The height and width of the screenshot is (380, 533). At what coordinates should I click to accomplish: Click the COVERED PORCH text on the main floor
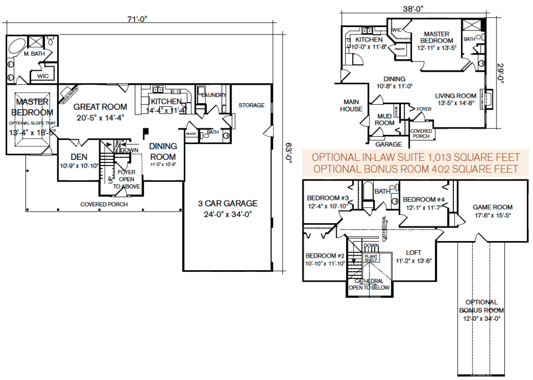point(104,204)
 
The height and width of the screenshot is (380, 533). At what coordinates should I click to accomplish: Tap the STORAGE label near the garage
point(251,106)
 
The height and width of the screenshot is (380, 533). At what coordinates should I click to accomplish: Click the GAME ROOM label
point(492,207)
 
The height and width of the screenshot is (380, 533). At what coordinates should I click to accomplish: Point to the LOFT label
point(414,252)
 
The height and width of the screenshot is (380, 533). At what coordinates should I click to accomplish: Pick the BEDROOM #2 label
point(326,256)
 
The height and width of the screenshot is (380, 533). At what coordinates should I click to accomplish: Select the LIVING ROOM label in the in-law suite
point(455,96)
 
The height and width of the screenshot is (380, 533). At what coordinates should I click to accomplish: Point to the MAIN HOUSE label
point(351,106)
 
